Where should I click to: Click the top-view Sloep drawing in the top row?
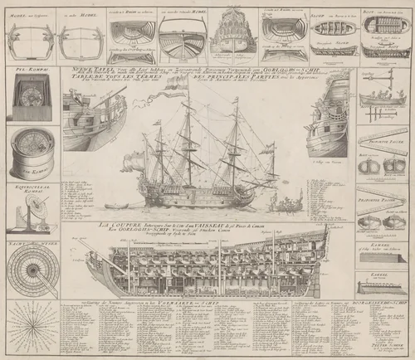(329, 39)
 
